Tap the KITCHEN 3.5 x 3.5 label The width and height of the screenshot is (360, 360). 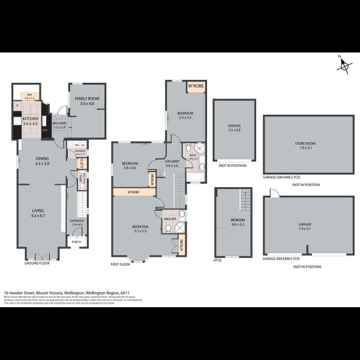click(30, 121)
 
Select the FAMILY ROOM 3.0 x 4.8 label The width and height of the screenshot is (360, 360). click(86, 101)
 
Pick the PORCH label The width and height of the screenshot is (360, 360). click(77, 242)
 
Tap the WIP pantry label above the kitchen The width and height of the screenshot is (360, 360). click(29, 96)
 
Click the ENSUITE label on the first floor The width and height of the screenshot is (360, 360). click(170, 219)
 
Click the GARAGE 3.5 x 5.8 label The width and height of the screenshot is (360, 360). click(234, 128)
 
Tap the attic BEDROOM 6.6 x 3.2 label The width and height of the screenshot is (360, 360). click(238, 221)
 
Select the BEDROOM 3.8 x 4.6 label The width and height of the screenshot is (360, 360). click(130, 166)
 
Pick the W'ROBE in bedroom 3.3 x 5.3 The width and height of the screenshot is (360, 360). click(196, 86)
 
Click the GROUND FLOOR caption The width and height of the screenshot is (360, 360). click(37, 263)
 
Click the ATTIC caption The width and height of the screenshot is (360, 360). click(218, 260)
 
